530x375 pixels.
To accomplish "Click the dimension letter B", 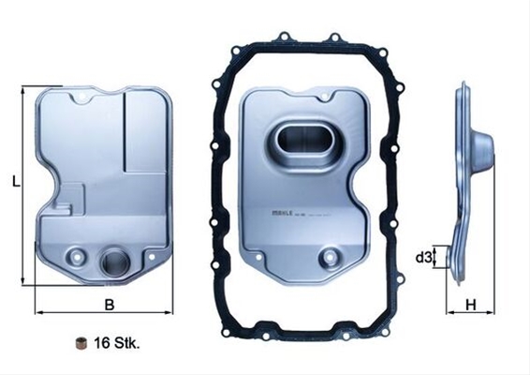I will pos(109,304).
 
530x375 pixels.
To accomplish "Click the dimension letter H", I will pos(472,304).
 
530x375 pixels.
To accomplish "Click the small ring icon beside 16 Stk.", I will pos(81,342).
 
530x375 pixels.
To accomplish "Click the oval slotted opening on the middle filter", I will pos(300,147).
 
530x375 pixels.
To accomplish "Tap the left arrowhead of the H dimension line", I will pos(449,311).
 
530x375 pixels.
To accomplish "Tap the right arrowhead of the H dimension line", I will pos(493,311).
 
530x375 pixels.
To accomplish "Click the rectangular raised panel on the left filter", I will pos(145,131).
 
